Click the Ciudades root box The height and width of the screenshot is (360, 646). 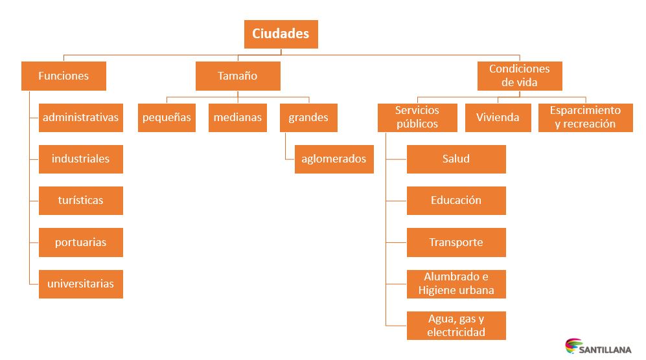click(281, 34)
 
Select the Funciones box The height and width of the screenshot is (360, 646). click(63, 76)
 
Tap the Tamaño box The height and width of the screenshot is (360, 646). click(238, 76)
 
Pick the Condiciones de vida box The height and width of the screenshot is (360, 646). click(520, 76)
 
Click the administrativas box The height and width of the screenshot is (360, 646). click(81, 117)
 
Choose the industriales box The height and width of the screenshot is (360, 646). click(81, 159)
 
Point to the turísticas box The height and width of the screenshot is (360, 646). click(81, 200)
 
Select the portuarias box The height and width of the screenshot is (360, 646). click(81, 242)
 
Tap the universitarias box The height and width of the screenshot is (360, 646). click(81, 284)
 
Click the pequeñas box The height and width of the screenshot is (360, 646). click(167, 117)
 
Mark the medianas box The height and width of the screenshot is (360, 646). click(238, 117)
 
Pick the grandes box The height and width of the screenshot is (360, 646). click(308, 117)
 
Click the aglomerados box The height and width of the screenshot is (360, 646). click(334, 159)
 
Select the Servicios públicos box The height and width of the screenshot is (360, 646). click(417, 117)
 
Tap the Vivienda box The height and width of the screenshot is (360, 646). click(498, 117)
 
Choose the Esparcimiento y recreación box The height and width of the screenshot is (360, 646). click(585, 117)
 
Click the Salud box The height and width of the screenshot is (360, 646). click(456, 159)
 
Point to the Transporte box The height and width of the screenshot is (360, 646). click(456, 242)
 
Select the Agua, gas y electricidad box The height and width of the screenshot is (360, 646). click(456, 326)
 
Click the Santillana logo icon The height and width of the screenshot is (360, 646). click(573, 347)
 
